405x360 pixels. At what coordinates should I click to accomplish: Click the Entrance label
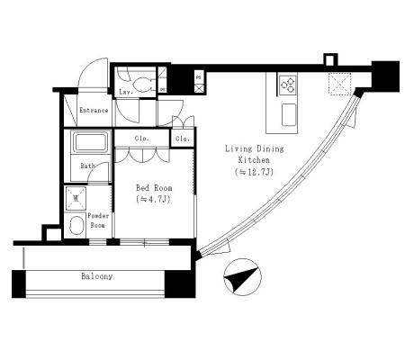coord(94,110)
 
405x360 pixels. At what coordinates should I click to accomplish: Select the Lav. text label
coord(126,92)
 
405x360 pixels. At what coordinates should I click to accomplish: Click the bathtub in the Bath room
coord(91,143)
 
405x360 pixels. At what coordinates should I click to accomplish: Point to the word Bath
coord(87,166)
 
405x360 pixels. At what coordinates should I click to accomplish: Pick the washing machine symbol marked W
coord(76,198)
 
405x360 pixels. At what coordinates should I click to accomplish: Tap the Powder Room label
coord(98,220)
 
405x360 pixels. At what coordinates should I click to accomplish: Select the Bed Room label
coord(154,188)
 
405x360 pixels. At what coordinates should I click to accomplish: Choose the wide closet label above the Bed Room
coord(141,139)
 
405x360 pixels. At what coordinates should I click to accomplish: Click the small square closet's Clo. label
coord(183,139)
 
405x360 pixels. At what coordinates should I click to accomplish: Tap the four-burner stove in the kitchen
coord(288,85)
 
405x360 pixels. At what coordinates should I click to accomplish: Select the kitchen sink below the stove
coord(289,114)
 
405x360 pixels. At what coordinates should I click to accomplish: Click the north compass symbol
coord(242,276)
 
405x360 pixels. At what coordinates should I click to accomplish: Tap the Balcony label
coord(97,276)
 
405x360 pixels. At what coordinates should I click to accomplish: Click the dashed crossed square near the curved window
coord(339,84)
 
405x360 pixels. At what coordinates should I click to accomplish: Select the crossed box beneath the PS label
coord(199,88)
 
